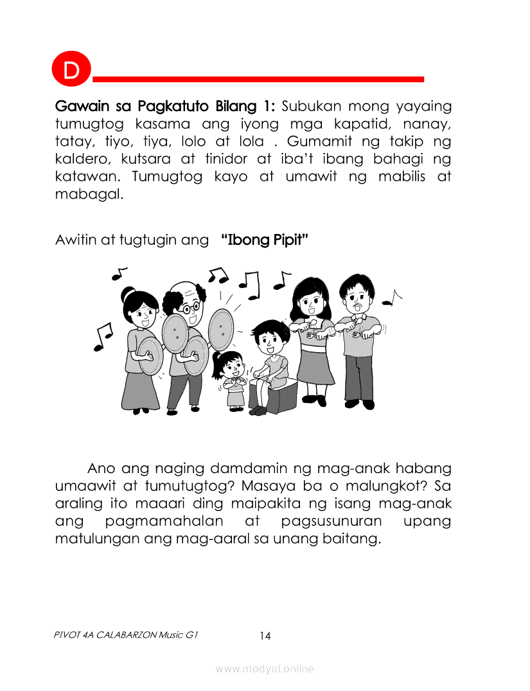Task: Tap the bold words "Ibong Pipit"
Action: [264, 240]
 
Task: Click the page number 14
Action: [265, 636]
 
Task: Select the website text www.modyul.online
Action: [265, 669]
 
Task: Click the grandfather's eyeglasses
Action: [190, 307]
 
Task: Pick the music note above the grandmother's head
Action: [118, 273]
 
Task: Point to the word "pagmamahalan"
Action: [164, 521]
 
